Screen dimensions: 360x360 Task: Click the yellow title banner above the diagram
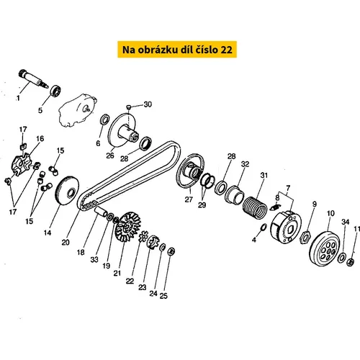pyautogui.click(x=177, y=50)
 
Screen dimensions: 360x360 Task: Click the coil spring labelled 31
pyautogui.click(x=255, y=208)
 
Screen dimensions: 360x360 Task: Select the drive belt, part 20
pyautogui.click(x=129, y=176)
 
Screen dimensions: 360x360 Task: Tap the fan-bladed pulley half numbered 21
pyautogui.click(x=128, y=226)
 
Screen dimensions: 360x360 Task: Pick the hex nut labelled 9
pyautogui.click(x=305, y=237)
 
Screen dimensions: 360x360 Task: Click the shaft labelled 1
pyautogui.click(x=33, y=78)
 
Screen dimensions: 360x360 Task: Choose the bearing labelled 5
pyautogui.click(x=55, y=90)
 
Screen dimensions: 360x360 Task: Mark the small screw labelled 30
pyautogui.click(x=129, y=107)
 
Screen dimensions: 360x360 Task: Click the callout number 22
pyautogui.click(x=130, y=281)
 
